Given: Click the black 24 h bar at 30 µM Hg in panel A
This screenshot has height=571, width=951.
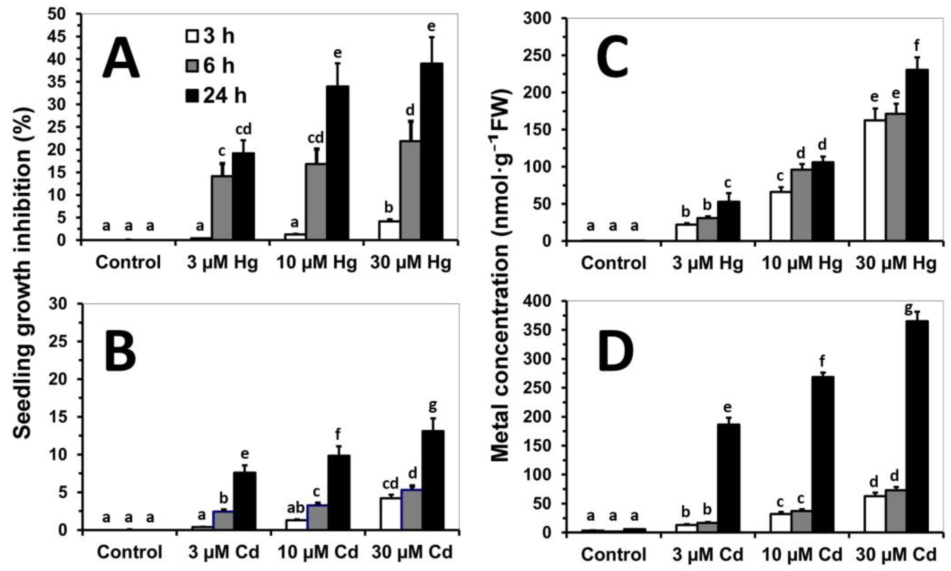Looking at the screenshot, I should [x=431, y=152].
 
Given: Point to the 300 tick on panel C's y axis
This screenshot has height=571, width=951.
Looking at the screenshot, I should [x=538, y=19].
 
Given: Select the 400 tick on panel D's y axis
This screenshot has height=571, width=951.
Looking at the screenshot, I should [x=538, y=301].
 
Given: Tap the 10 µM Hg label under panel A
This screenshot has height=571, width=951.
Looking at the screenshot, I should [x=316, y=263].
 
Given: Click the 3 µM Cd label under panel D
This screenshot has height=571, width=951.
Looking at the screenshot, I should [x=707, y=555].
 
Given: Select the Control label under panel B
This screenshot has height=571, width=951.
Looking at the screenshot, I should [x=129, y=552].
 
